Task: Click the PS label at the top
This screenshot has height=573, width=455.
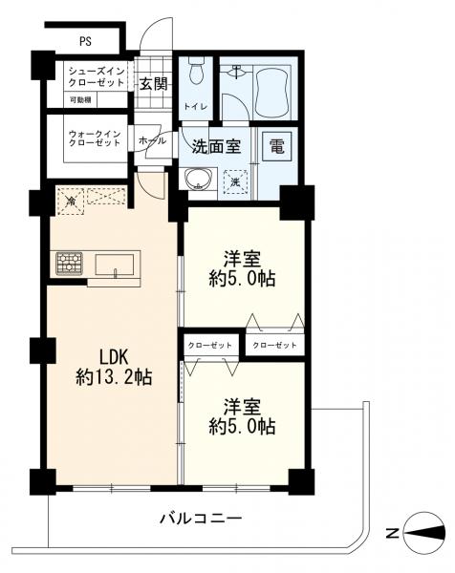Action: (x=85, y=41)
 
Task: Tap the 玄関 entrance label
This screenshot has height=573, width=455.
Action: (x=154, y=85)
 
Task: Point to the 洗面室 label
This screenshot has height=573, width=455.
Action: (x=217, y=146)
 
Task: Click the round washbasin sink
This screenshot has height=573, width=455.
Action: (x=198, y=180)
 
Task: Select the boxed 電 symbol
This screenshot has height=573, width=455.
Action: (x=277, y=146)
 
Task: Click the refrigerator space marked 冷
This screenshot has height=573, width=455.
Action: (x=70, y=201)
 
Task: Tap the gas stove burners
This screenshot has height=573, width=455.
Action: (x=69, y=264)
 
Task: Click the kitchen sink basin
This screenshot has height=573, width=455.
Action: (x=114, y=265)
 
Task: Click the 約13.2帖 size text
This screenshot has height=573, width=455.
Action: (x=114, y=376)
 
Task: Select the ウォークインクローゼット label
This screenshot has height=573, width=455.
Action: (x=95, y=138)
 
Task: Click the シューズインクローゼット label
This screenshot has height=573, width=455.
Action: (x=97, y=76)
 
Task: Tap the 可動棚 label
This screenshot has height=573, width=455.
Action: (x=80, y=99)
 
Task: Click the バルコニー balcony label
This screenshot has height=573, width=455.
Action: (x=201, y=519)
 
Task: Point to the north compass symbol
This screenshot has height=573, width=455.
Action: (x=424, y=533)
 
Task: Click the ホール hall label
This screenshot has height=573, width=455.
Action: (x=152, y=140)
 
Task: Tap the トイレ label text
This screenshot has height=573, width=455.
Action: (x=196, y=107)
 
